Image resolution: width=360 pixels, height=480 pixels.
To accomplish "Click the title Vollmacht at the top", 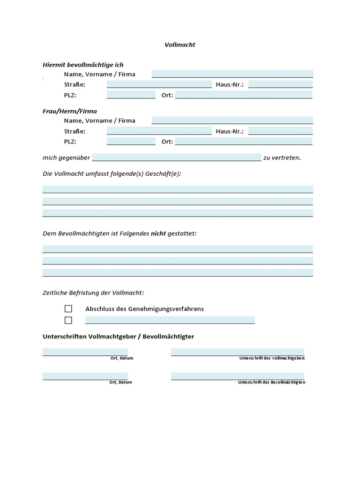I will click(180, 45).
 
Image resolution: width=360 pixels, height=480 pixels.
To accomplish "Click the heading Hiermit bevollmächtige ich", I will click(83, 65).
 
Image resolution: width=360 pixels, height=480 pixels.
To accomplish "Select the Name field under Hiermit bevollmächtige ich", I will click(232, 74).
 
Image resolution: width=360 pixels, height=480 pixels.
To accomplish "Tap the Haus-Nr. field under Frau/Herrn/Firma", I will click(280, 131).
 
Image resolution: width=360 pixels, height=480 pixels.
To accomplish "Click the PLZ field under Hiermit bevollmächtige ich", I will click(131, 95).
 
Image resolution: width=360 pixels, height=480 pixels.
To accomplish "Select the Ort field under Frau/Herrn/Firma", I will click(243, 142).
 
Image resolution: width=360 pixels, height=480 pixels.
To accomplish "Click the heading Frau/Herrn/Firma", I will click(70, 111).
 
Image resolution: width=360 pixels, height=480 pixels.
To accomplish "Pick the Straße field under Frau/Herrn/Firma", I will click(159, 131).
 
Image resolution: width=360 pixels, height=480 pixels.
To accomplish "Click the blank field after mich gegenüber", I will click(176, 157).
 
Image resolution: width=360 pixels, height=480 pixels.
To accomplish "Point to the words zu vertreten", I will click(282, 158).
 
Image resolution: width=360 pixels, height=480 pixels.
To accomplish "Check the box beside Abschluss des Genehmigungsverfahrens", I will click(68, 309).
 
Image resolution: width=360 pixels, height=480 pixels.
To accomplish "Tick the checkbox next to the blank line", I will click(68, 320).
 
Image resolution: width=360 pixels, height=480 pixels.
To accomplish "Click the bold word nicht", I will click(158, 233).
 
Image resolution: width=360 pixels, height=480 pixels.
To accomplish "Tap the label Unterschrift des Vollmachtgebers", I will click(272, 358).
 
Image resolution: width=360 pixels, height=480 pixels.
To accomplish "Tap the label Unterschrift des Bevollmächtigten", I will click(271, 382).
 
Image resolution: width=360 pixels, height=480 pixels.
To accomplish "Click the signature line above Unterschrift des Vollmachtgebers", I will click(237, 352).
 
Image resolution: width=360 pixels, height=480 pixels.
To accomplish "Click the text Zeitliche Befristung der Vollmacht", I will click(93, 293).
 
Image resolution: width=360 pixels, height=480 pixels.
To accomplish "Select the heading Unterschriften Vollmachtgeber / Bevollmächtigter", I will click(118, 337).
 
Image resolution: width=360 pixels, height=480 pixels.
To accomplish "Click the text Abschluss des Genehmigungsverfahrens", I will click(144, 309).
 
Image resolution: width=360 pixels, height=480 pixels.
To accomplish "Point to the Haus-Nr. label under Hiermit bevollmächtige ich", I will click(230, 85).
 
